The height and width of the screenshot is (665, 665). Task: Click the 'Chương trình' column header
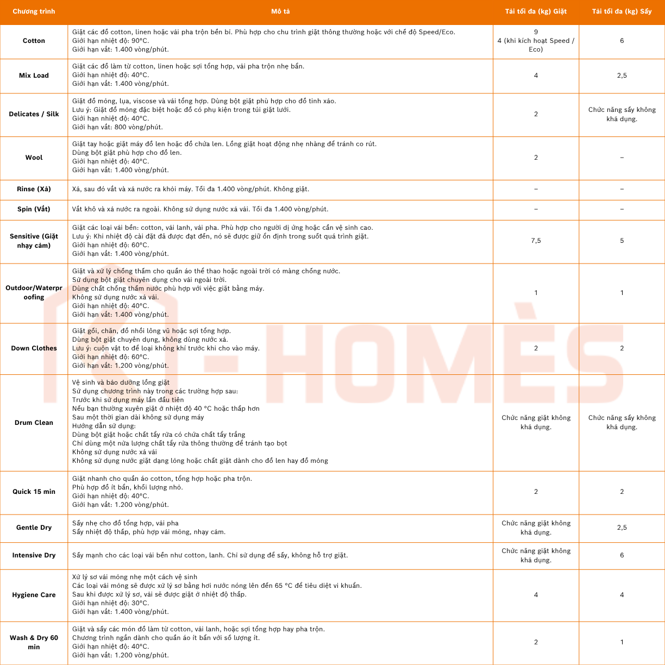(x=34, y=11)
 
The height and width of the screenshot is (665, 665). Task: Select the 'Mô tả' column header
(x=280, y=11)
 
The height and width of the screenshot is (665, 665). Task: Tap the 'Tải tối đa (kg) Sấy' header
(x=622, y=11)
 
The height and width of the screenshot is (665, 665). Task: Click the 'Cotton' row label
(x=34, y=41)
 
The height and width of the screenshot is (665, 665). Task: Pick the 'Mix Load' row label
(x=34, y=76)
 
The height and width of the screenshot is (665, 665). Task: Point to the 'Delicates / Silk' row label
(x=34, y=114)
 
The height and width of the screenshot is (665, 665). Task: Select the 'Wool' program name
(x=34, y=158)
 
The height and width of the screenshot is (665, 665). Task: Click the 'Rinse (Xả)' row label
(x=34, y=189)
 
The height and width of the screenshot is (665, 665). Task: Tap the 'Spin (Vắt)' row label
(x=34, y=209)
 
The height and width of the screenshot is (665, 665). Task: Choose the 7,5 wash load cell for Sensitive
(x=536, y=241)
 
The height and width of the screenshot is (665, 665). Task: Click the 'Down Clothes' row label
(x=34, y=348)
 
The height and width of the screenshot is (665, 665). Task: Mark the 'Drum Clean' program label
(x=34, y=423)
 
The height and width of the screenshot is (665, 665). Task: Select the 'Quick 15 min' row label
(x=34, y=492)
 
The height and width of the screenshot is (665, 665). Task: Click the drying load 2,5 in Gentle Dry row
(x=622, y=528)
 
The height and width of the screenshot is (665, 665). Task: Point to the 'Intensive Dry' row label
(x=34, y=555)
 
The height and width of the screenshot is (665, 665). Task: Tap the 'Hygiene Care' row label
(x=34, y=595)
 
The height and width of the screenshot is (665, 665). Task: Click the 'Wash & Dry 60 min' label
(x=34, y=642)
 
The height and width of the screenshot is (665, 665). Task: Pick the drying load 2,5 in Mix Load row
(x=622, y=76)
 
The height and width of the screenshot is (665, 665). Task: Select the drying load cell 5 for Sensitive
(x=622, y=241)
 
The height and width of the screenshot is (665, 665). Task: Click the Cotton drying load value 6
(x=622, y=41)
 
